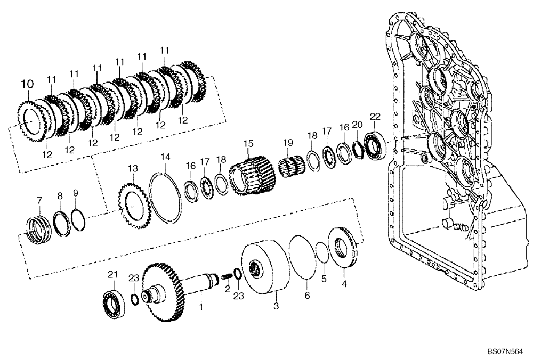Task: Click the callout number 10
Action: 27,84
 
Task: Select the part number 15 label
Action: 247,144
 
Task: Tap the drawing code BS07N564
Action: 505,351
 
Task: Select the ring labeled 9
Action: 78,219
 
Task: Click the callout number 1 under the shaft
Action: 201,307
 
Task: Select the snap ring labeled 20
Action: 358,148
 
